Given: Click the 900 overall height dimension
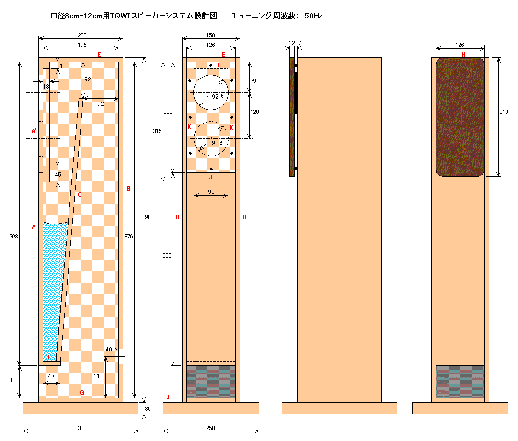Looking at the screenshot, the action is click(x=149, y=217).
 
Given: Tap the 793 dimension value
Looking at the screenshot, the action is click(x=13, y=237).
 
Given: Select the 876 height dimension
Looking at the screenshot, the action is click(x=128, y=237).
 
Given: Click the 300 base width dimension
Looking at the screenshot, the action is click(x=82, y=428).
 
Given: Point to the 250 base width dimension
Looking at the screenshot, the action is click(x=210, y=428).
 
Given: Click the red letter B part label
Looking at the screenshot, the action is click(x=128, y=189).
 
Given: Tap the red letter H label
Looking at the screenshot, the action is click(x=463, y=55).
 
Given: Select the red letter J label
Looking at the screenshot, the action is click(x=210, y=177).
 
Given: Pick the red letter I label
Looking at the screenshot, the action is click(x=168, y=397).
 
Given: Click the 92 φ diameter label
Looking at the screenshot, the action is click(x=218, y=96).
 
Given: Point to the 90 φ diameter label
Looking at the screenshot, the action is click(x=218, y=143).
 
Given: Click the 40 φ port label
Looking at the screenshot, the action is click(x=111, y=349).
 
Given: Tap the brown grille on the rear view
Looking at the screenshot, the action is click(x=460, y=117).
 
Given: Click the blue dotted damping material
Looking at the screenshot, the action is click(x=54, y=291).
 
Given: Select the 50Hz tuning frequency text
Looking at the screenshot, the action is click(x=313, y=16).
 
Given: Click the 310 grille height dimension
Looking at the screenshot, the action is click(x=504, y=112).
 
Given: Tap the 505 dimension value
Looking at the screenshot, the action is click(x=167, y=256).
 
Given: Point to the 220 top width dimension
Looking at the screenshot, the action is click(x=82, y=35).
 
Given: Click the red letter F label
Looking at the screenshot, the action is click(x=49, y=357).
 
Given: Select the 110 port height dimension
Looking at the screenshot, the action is click(x=98, y=376).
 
